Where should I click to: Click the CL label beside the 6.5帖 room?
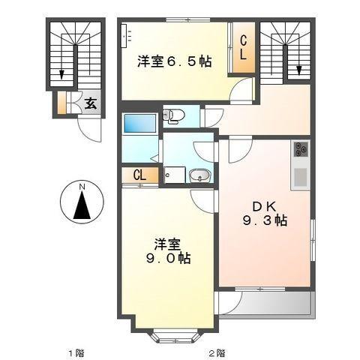pyautogui.click(x=244, y=47)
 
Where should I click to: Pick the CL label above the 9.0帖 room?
pyautogui.click(x=139, y=175)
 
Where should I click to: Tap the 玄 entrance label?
pyautogui.click(x=89, y=103)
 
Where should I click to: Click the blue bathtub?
pyautogui.click(x=139, y=123)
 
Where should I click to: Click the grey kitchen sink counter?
pyautogui.click(x=301, y=178)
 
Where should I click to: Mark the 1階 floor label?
pyautogui.click(x=72, y=352)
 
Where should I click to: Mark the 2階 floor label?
pyautogui.click(x=216, y=352)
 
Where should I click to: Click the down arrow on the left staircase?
pyautogui.click(x=61, y=73)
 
